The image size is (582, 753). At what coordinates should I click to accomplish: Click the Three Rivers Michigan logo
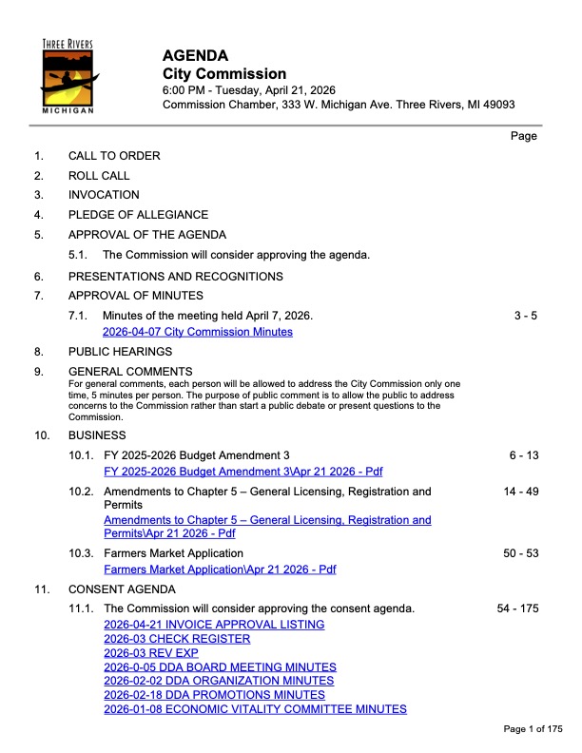click(68, 77)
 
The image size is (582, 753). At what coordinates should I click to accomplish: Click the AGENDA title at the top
click(195, 56)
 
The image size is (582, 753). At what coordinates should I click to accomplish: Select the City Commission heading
click(224, 74)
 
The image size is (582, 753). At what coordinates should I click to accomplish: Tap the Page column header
click(524, 136)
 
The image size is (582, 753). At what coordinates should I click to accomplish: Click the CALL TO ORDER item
click(114, 156)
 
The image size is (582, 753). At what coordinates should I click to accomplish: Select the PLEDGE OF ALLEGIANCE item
click(138, 215)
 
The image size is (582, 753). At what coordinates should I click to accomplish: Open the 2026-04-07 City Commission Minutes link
click(197, 332)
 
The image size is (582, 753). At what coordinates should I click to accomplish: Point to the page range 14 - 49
click(520, 492)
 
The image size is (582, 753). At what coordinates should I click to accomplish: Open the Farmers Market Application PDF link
click(219, 570)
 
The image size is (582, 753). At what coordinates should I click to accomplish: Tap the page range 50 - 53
click(520, 552)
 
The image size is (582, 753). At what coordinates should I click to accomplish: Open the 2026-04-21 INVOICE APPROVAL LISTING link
click(214, 625)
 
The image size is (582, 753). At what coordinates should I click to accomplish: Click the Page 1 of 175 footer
click(533, 729)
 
